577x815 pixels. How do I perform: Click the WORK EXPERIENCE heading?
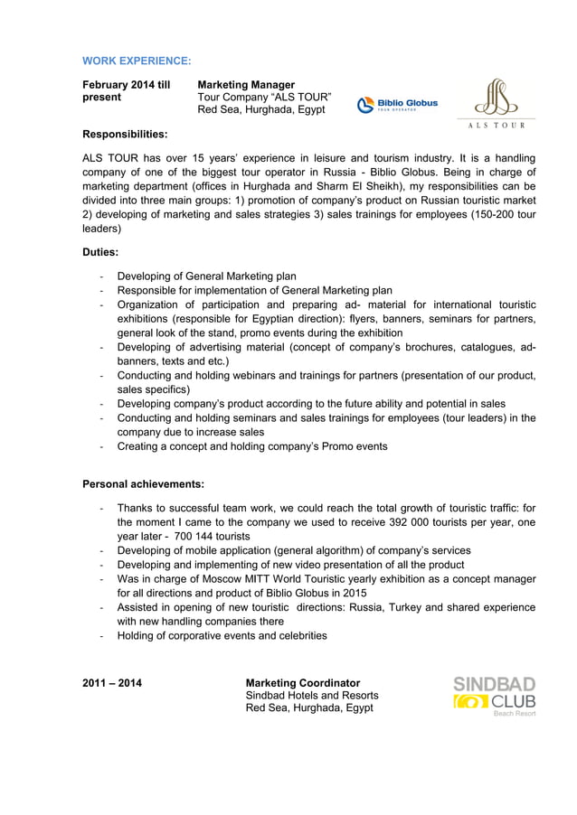pyautogui.click(x=137, y=61)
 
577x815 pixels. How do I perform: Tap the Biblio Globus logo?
pyautogui.click(x=397, y=105)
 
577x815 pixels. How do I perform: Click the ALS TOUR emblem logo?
pyautogui.click(x=495, y=102)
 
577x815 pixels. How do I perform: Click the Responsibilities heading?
pyautogui.click(x=125, y=135)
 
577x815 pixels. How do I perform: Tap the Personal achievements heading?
pyautogui.click(x=143, y=483)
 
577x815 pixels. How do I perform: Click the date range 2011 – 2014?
pyautogui.click(x=111, y=682)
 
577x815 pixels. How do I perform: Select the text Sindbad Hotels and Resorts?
pyautogui.click(x=312, y=695)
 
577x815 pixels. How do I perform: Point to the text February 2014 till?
pyautogui.click(x=126, y=84)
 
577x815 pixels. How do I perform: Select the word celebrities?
pyautogui.click(x=295, y=635)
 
